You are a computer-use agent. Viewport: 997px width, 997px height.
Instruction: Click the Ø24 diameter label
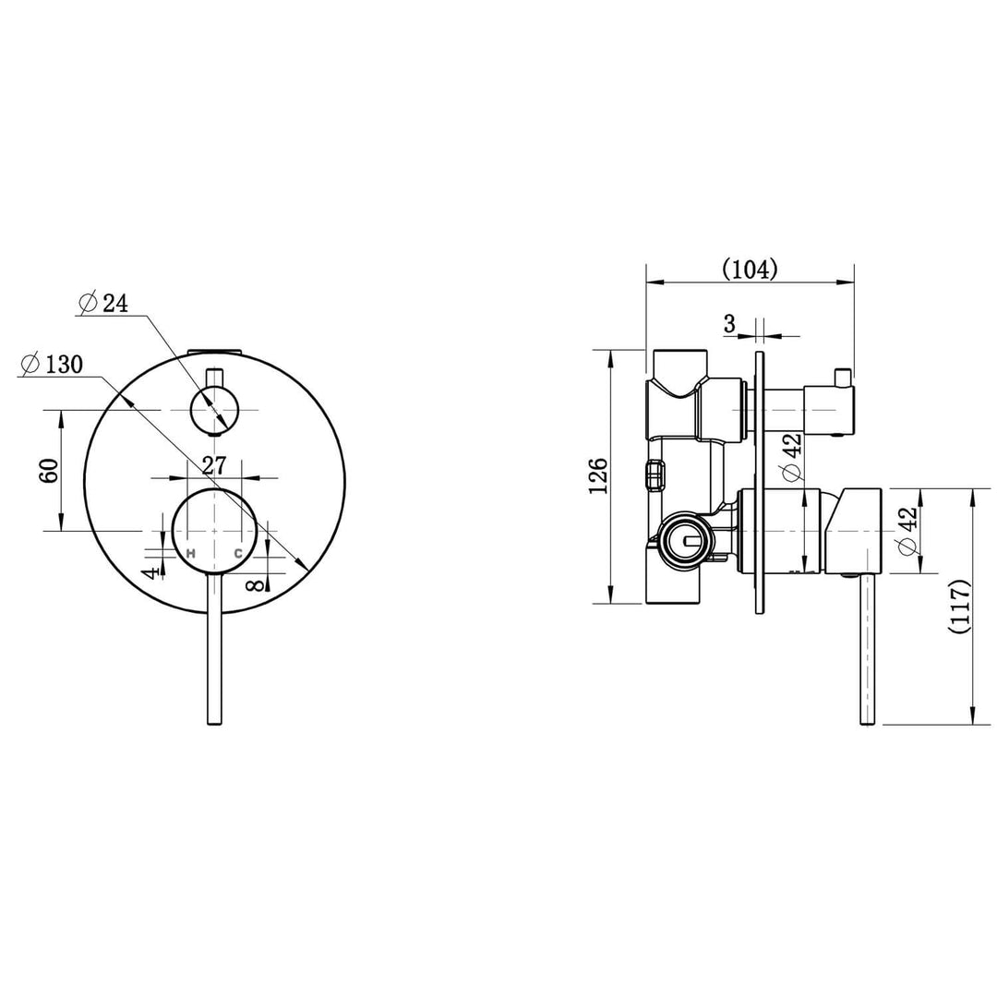[103, 303]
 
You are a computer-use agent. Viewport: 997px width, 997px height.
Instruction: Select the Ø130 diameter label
[52, 364]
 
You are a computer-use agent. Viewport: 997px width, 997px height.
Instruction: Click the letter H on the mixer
[191, 553]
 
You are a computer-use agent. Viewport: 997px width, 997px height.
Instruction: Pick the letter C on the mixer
[237, 553]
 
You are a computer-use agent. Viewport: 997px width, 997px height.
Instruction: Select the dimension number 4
[148, 573]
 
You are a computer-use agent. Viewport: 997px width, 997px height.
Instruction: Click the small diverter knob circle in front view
[214, 408]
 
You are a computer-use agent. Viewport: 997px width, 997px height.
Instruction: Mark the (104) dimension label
[750, 269]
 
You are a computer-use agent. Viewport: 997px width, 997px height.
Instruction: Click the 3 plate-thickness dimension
[729, 324]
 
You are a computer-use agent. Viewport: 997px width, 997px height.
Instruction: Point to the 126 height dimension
[599, 475]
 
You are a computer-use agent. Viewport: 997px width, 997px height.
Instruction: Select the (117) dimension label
[960, 605]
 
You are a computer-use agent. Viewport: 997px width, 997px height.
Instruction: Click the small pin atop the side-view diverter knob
[841, 376]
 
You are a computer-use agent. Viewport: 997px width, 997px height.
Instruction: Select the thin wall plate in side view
[760, 480]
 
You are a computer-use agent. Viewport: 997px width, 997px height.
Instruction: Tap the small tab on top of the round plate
[214, 351]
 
